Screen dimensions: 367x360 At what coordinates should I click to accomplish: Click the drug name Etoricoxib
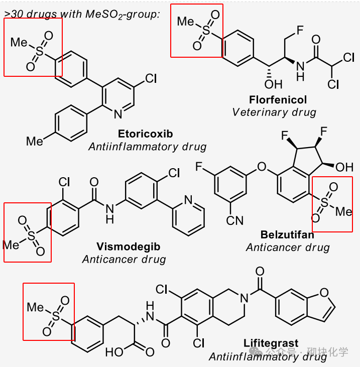click(x=145, y=134)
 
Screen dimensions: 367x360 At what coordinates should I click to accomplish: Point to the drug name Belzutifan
click(x=287, y=234)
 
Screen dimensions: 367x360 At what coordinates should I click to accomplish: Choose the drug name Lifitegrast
click(x=271, y=344)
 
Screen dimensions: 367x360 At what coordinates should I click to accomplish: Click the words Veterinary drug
click(x=274, y=112)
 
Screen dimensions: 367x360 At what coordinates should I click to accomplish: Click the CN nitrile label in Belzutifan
click(x=234, y=220)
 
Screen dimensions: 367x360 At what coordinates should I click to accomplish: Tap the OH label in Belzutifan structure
click(x=344, y=166)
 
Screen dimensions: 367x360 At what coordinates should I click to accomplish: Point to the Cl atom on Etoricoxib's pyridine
click(x=151, y=78)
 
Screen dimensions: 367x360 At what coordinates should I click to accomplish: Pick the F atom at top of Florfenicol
click(x=299, y=31)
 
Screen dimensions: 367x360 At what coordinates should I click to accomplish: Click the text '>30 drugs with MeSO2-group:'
click(x=82, y=14)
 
